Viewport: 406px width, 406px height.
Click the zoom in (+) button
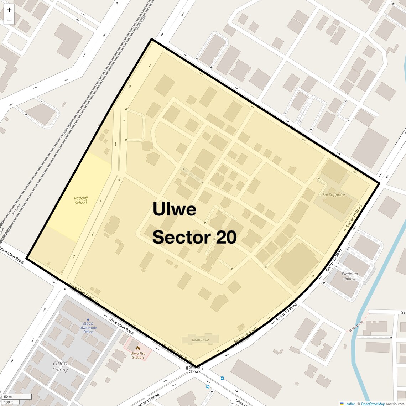coord(9,10)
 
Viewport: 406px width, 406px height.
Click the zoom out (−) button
coord(9,20)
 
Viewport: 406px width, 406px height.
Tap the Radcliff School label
coord(81,201)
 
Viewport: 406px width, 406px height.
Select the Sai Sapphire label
coord(333,195)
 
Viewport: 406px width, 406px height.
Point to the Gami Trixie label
coord(200,340)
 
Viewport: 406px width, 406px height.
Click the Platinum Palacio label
coord(350,276)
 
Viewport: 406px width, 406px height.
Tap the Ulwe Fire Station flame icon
coord(138,348)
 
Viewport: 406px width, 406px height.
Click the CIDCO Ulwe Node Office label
coord(88,328)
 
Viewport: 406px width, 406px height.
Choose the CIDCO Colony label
coord(60,366)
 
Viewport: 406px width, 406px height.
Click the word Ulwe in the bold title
coord(174,209)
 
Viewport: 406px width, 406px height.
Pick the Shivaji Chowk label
coord(194,369)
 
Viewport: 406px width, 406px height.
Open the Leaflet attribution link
coord(349,404)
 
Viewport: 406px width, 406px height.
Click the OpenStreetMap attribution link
coord(373,404)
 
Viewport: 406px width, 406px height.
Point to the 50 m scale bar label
coord(8,396)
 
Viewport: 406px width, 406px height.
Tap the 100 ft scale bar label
coord(9,402)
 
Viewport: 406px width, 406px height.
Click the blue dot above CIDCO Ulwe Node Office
coord(88,319)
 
